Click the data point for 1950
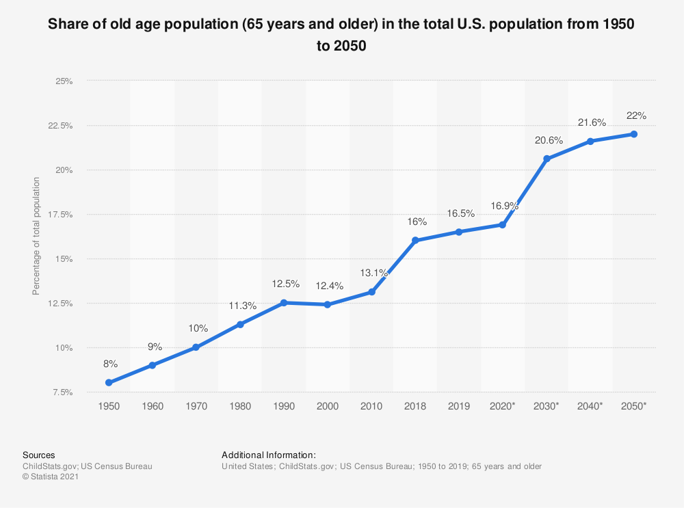pos(109,383)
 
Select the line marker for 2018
pos(415,241)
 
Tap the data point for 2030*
pos(547,159)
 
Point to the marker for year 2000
pos(328,304)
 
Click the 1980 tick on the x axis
pos(240,406)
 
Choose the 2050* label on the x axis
pos(634,406)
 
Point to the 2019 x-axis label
pos(459,406)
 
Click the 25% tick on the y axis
pos(64,81)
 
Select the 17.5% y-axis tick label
pos(61,215)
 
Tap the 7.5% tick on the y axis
pos(63,392)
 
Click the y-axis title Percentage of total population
pos(36,237)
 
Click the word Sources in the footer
pos(39,455)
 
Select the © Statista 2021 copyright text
pos(51,477)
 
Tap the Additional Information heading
pos(269,455)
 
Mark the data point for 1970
pos(196,347)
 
